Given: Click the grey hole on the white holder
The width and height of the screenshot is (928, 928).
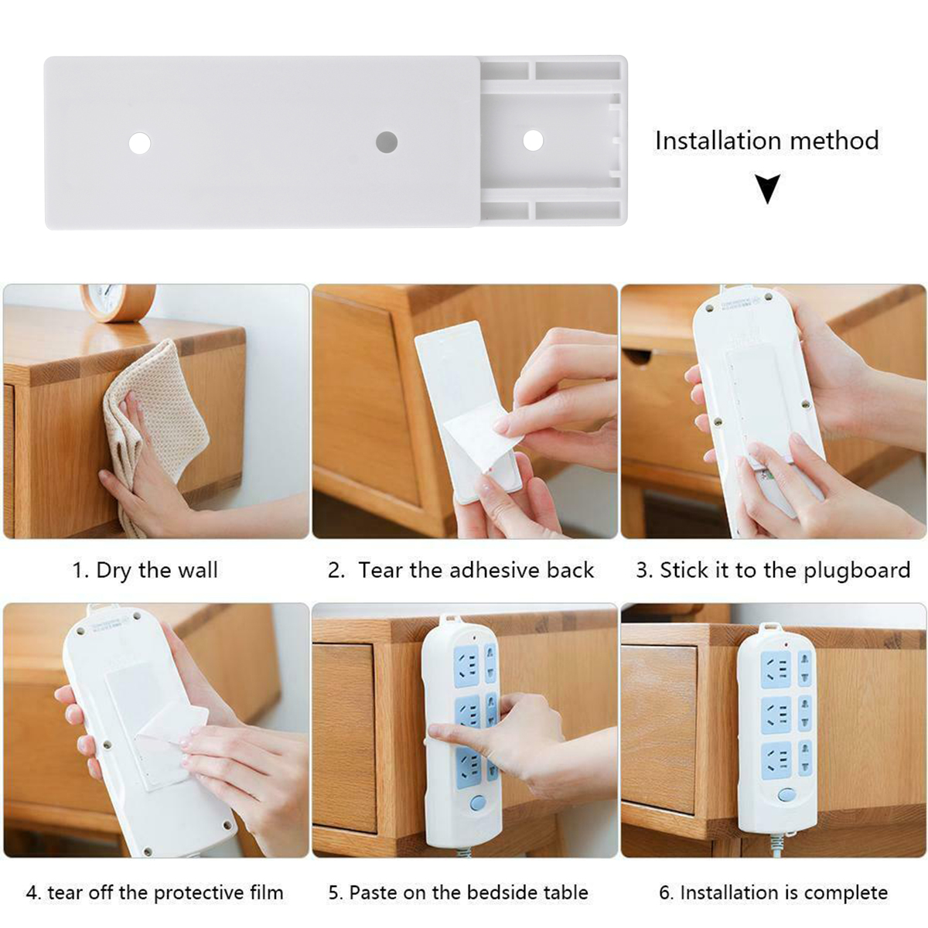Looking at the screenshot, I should (x=387, y=142).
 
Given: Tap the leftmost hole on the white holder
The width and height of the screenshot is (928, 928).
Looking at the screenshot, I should (x=140, y=143).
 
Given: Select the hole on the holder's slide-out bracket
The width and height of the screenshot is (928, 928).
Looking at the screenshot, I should (x=533, y=141).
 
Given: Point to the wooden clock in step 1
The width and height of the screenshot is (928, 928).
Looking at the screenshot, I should (x=118, y=300).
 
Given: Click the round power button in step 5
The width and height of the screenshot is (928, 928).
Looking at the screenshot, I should (x=476, y=803).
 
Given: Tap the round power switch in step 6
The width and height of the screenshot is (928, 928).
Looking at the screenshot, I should (x=786, y=795).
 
